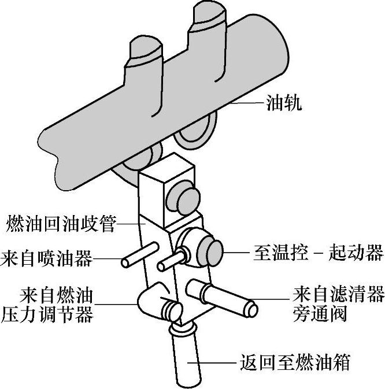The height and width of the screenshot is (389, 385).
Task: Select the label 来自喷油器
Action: click(x=47, y=258)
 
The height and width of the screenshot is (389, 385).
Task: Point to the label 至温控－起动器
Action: click(x=319, y=253)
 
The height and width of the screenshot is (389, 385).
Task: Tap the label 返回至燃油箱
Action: click(x=294, y=364)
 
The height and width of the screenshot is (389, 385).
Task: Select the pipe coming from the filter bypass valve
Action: click(x=226, y=295)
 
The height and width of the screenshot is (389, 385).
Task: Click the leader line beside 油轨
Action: click(x=249, y=104)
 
